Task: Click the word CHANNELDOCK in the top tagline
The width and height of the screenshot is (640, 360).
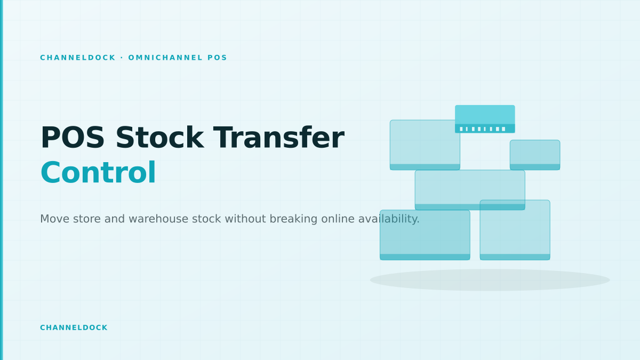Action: (78, 58)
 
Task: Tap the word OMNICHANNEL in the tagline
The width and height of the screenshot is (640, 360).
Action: (165, 58)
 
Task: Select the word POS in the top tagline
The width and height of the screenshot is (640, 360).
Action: (217, 58)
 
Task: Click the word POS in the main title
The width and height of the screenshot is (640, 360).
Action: (73, 138)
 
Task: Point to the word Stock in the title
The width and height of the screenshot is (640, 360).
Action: (159, 138)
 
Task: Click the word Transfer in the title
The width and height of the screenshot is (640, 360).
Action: (279, 138)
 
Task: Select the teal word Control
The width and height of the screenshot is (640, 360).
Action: (98, 173)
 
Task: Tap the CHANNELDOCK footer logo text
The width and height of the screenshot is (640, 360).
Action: (74, 327)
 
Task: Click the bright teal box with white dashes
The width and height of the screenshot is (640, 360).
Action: (485, 119)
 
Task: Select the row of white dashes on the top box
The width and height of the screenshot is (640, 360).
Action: (482, 129)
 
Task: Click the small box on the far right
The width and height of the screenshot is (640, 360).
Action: (535, 155)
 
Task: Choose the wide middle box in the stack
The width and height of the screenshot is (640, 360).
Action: (470, 190)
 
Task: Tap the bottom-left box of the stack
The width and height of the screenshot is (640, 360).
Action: (425, 235)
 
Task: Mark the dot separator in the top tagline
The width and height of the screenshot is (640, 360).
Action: (122, 58)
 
